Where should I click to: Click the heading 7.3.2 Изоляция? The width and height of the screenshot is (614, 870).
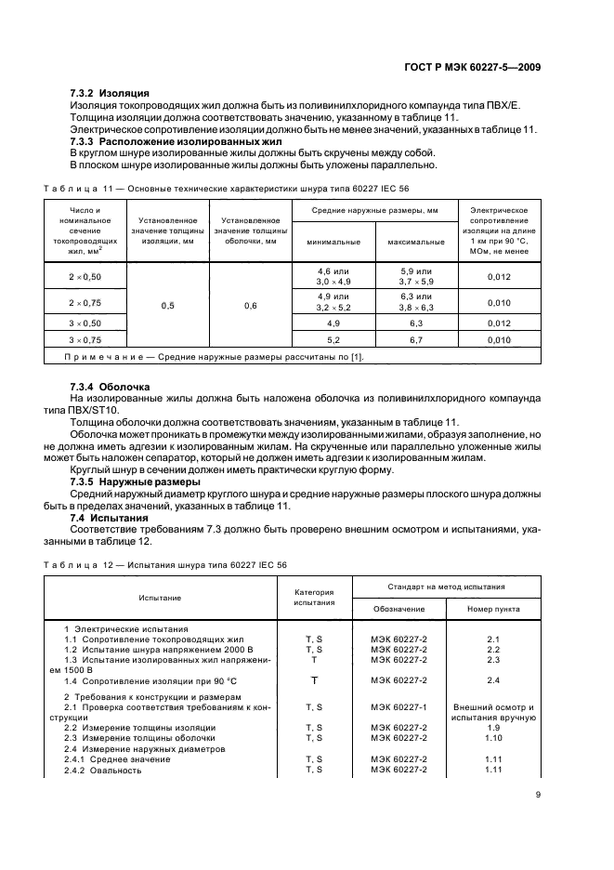tap(110, 94)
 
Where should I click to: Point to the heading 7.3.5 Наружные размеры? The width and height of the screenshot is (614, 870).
tap(134, 482)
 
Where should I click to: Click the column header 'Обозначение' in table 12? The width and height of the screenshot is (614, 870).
tap(399, 609)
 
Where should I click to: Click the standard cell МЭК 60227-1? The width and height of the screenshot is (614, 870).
tap(399, 707)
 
